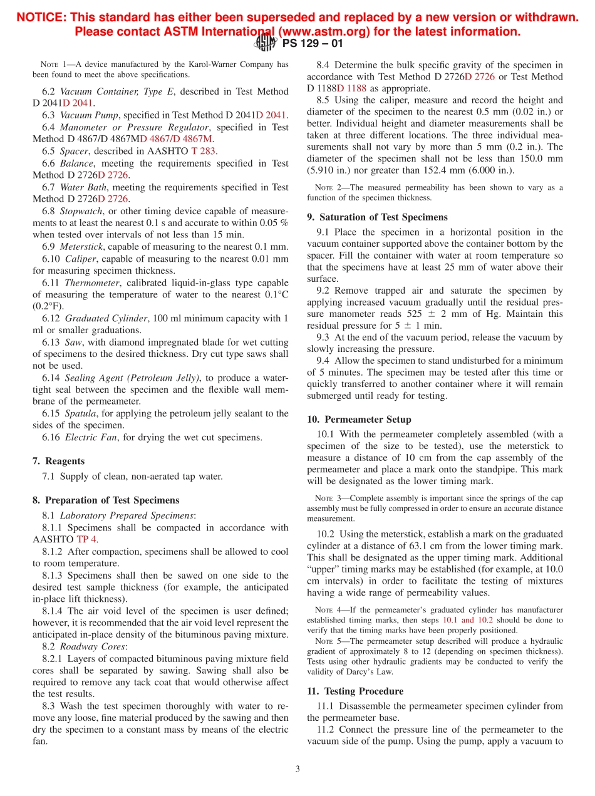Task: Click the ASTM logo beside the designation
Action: pyautogui.click(x=266, y=43)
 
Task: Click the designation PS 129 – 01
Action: pyautogui.click(x=313, y=44)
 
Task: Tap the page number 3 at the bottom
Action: pyautogui.click(x=297, y=769)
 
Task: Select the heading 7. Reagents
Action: pyautogui.click(x=58, y=461)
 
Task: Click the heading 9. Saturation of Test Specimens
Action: pyautogui.click(x=377, y=217)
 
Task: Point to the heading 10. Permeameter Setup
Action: pyautogui.click(x=359, y=420)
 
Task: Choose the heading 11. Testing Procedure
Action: pyautogui.click(x=355, y=691)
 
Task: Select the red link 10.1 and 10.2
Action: pyautogui.click(x=467, y=620)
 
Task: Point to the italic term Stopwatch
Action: pyautogui.click(x=80, y=211)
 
